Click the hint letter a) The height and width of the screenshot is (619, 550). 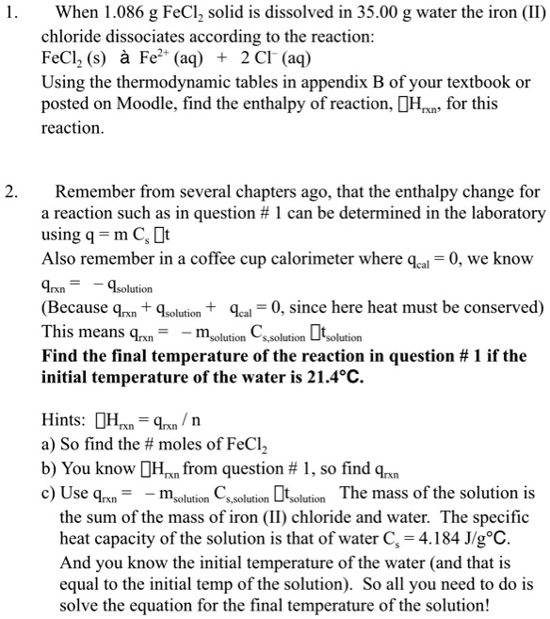tap(48, 444)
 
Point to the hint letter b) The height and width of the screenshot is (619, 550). tap(49, 468)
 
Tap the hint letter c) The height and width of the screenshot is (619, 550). tap(48, 493)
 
